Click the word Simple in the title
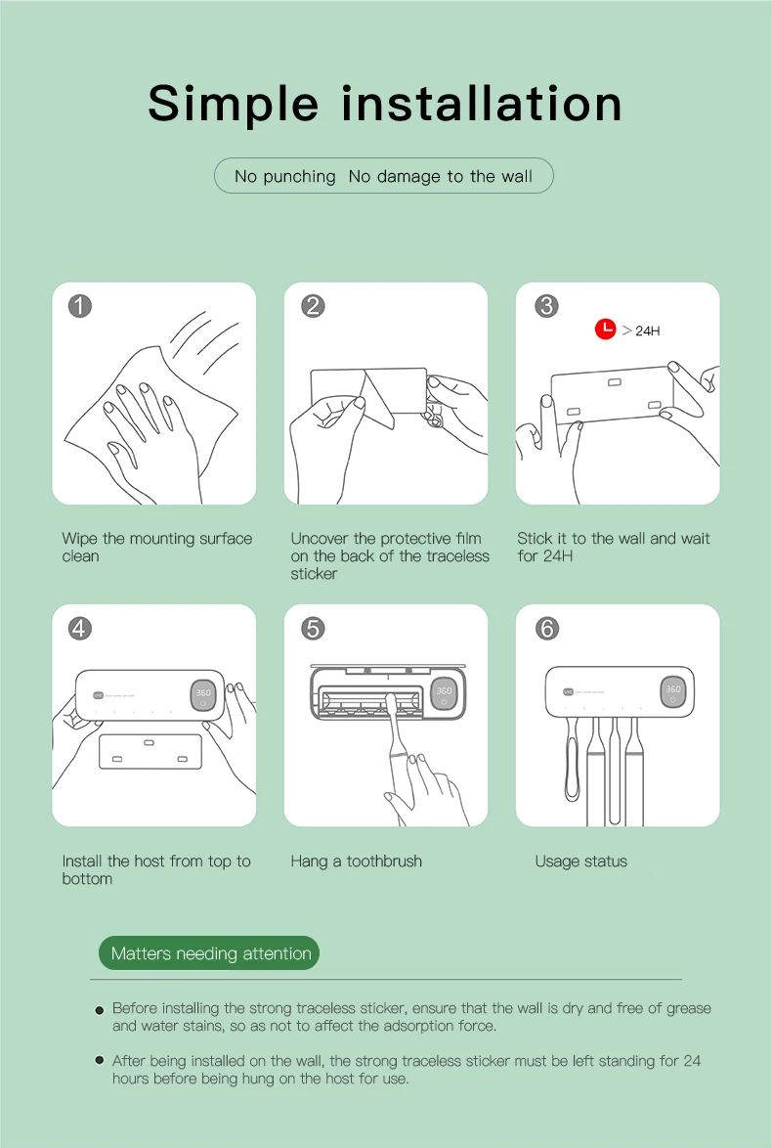[x=234, y=104]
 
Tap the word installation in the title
[x=482, y=103]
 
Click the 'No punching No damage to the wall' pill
[x=383, y=176]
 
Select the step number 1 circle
[x=80, y=305]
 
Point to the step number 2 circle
[x=313, y=305]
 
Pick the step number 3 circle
[x=546, y=305]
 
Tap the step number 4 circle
[x=80, y=628]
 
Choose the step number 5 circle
[x=313, y=628]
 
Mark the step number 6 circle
[x=546, y=628]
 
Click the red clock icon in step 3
[x=605, y=329]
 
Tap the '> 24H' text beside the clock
[x=641, y=331]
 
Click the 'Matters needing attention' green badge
[x=209, y=953]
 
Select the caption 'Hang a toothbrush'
[x=357, y=861]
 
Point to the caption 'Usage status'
[x=581, y=861]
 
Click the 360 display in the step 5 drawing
[x=445, y=694]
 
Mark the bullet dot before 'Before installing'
[x=100, y=1010]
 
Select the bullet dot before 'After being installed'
[x=100, y=1060]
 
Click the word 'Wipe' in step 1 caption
[x=80, y=539]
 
